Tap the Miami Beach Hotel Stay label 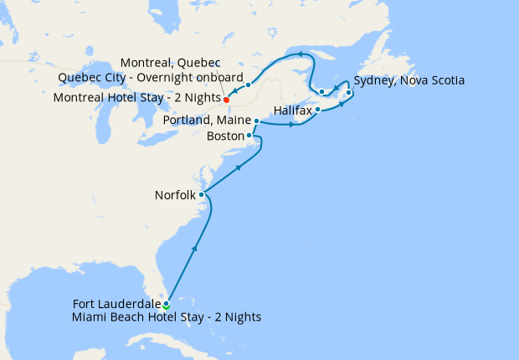pos(167,317)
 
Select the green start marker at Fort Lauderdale pos(167,305)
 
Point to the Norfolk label pos(175,195)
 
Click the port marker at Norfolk pos(202,194)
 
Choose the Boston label pos(225,136)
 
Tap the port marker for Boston pos(249,135)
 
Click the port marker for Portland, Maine pos(256,121)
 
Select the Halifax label pos(293,110)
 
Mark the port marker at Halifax pos(318,109)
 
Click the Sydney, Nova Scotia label pos(409,80)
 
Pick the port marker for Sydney pos(349,93)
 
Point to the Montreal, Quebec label pos(170,64)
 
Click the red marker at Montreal pos(227,98)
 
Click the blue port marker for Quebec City pos(249,85)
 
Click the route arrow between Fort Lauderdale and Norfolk pos(195,247)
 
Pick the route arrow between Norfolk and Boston pos(239,168)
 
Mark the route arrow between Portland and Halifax pos(292,126)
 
